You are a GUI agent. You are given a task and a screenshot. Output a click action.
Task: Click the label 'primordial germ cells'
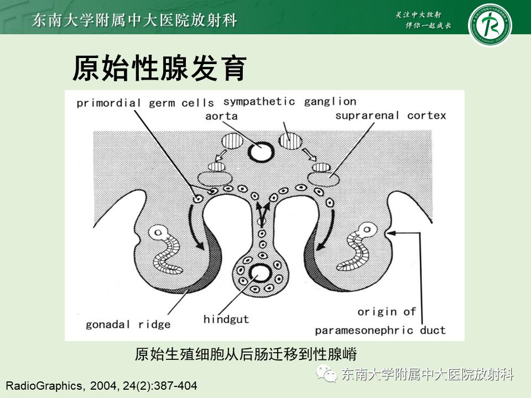(137, 103)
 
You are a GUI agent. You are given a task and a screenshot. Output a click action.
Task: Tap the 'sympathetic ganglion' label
(289, 102)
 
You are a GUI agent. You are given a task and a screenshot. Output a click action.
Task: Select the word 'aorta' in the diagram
(221, 116)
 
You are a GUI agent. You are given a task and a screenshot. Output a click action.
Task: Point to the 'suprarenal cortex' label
(391, 116)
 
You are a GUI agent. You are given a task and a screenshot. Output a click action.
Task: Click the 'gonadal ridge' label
(128, 324)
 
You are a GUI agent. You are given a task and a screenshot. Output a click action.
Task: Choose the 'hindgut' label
(226, 320)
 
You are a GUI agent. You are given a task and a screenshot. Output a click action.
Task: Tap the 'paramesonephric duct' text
(380, 331)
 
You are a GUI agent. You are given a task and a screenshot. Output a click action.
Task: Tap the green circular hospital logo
(490, 24)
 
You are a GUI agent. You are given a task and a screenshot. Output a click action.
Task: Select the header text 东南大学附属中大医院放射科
(135, 20)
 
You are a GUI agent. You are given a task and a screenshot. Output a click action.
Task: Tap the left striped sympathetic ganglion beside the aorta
(229, 141)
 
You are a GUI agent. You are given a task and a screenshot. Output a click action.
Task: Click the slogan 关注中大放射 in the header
(420, 14)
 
